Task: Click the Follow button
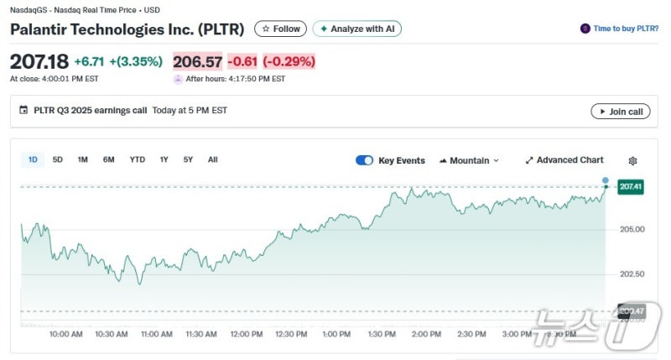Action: pos(280,29)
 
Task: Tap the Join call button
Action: pos(620,112)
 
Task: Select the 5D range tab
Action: pos(58,159)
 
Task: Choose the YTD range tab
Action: pos(137,159)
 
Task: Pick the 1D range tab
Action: pos(33,159)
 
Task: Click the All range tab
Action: pos(213,159)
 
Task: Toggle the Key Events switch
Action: pos(364,160)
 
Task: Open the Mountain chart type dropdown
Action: pos(469,160)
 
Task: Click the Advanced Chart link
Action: pos(564,160)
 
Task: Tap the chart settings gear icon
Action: pos(633,160)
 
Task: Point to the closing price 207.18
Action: pos(39,61)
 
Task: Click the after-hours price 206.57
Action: pos(197,61)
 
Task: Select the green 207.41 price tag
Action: pos(631,187)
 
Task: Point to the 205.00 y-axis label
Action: pos(632,229)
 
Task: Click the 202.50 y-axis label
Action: pos(632,274)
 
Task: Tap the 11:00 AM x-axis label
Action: pos(155,334)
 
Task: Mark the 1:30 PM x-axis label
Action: pos(381,334)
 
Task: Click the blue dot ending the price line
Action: pos(606,180)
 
